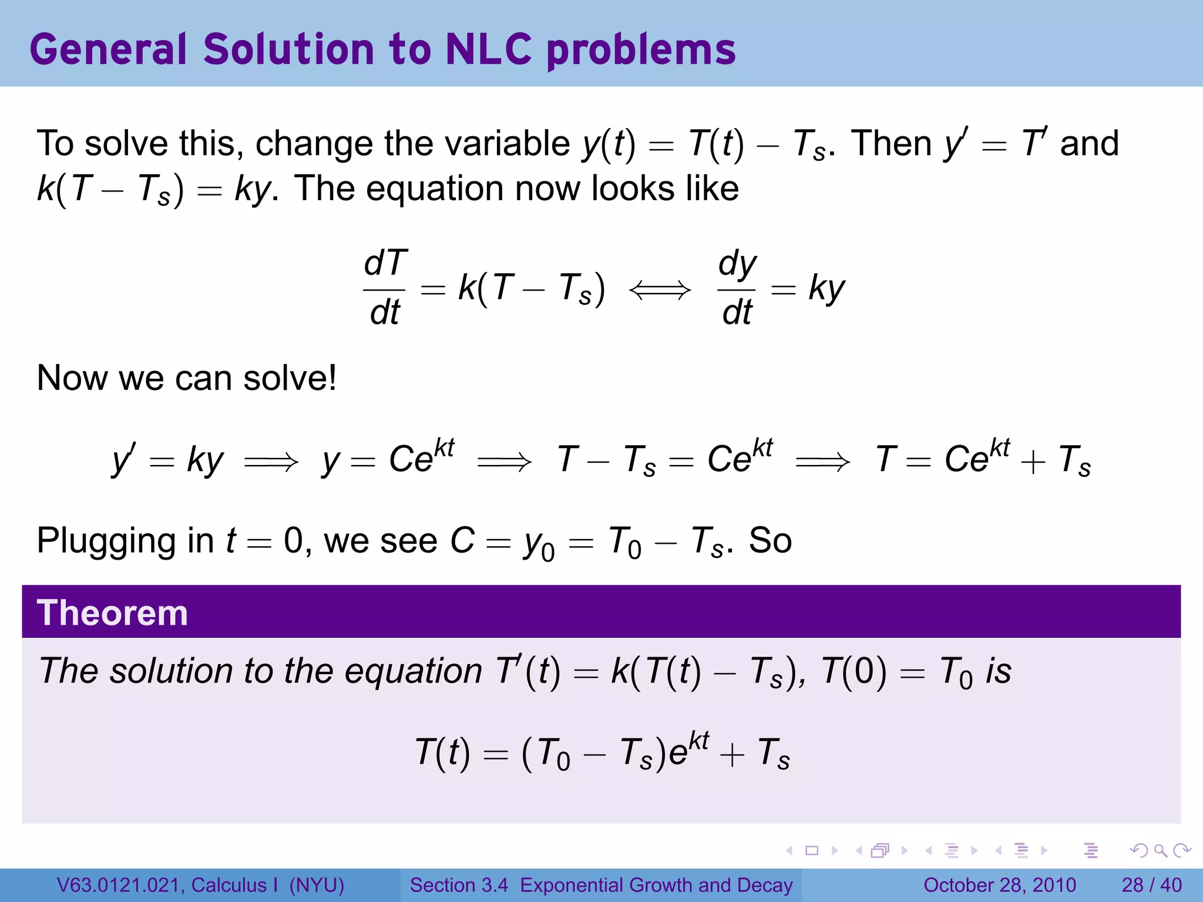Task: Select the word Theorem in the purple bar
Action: click(x=112, y=613)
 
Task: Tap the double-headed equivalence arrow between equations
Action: click(x=660, y=290)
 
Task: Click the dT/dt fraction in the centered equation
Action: click(x=385, y=288)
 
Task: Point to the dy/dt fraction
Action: click(x=737, y=288)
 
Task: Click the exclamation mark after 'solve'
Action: click(x=332, y=377)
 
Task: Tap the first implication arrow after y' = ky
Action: click(x=271, y=462)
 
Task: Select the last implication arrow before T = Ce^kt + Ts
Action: click(x=822, y=462)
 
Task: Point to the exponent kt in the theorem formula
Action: click(x=699, y=741)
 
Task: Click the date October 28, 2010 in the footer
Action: click(x=999, y=885)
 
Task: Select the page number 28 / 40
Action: click(x=1151, y=885)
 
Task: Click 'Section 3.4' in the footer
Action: click(x=459, y=885)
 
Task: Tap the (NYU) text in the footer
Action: click(x=317, y=885)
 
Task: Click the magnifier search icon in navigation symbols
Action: click(x=1160, y=850)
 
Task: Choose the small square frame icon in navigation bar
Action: click(x=812, y=850)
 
